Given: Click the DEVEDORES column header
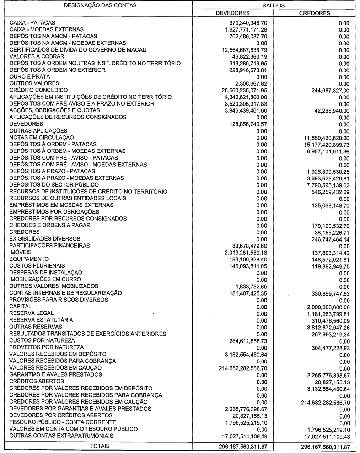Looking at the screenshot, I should [233, 13].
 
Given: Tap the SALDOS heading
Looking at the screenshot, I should [274, 5].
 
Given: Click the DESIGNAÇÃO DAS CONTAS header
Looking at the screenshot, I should [96, 5].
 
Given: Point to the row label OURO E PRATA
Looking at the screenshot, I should [29, 77].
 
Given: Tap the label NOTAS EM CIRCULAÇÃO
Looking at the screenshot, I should [42, 137].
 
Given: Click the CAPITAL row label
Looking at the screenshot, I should [20, 306].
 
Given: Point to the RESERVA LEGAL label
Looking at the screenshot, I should [32, 313].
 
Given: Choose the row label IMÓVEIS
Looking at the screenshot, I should [21, 252].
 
